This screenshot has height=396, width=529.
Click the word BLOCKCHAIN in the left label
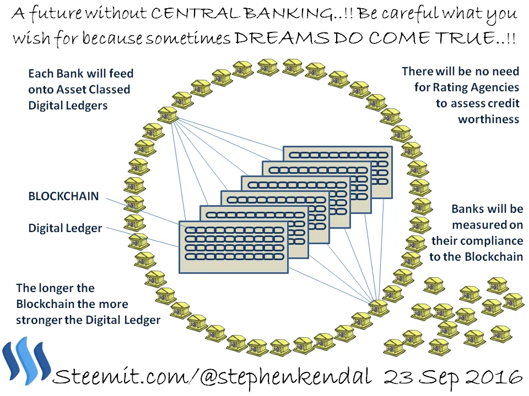(63, 196)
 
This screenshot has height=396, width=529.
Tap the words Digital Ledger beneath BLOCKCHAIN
(65, 228)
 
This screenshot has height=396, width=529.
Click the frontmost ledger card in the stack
(234, 247)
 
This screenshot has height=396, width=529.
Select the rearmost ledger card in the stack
(338, 172)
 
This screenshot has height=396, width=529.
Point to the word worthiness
(489, 119)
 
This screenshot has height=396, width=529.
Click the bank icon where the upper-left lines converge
(168, 114)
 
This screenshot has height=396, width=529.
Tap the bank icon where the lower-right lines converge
(379, 307)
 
